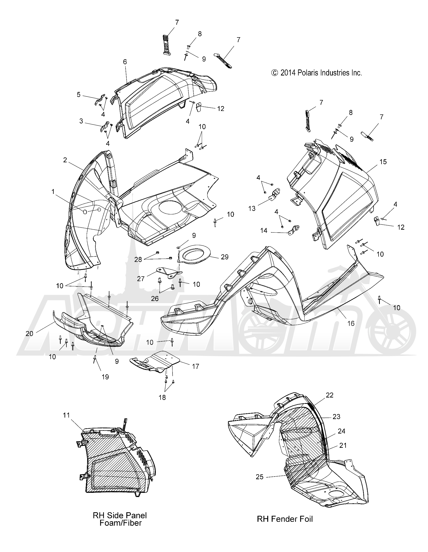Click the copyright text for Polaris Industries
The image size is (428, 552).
(x=316, y=73)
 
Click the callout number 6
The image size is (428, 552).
(x=125, y=62)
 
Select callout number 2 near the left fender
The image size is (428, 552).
(x=65, y=160)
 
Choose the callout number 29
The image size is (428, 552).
(x=224, y=257)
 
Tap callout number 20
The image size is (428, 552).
(x=29, y=334)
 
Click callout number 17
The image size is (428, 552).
(x=196, y=366)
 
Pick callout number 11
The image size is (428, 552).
(x=66, y=415)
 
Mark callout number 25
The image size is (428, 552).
(x=260, y=477)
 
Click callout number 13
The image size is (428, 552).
(x=252, y=208)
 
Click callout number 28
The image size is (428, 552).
(x=138, y=259)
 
